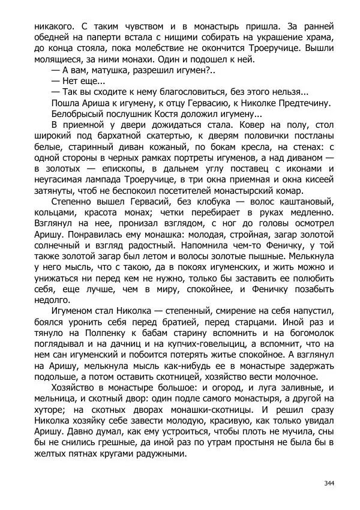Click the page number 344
tap(328, 483)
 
